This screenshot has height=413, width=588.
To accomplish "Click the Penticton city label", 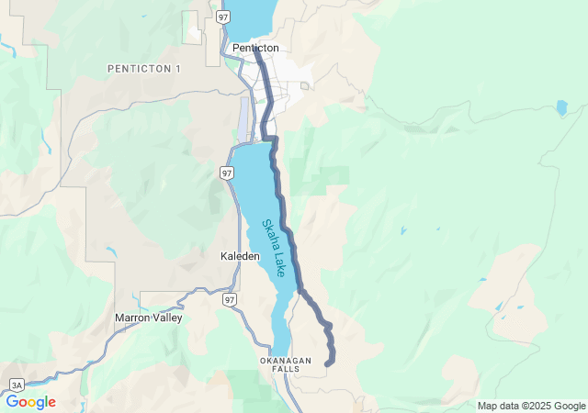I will pos(255,48).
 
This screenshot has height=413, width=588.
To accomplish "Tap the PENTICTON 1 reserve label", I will pos(144,69).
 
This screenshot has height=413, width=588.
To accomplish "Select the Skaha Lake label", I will pos(274,248).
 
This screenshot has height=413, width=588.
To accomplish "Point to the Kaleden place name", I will pos(241,256).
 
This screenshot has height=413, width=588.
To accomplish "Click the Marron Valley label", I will pos(148,318).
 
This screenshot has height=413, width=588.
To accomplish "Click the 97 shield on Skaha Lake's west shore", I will pos(227,173).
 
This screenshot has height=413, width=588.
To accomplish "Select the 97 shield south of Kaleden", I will pos(230,300).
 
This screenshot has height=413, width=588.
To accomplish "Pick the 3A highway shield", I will pos(17,385).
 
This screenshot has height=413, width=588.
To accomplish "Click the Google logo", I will pos(30,402).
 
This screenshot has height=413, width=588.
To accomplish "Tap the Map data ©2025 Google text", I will pos(530,406).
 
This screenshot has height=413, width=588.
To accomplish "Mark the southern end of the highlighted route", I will pos(328,363).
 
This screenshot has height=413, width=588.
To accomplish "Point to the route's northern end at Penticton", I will pos(256,51).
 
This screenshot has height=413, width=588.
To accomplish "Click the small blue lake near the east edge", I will pos(561,107).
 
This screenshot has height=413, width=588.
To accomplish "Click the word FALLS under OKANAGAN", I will pos(286,369).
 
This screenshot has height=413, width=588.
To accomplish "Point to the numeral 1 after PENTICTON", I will pos(178,69).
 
